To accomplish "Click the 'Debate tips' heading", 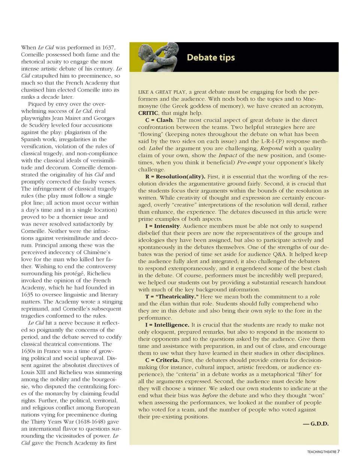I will pos(211,57).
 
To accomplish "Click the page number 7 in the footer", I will pos(338,451).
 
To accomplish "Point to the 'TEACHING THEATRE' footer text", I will pos(321,452).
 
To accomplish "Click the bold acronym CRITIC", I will pos(148,113).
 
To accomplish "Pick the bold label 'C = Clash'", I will pos(159,120).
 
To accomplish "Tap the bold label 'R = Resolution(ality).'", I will pos(175,177).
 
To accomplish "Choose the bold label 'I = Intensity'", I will pos(163,226).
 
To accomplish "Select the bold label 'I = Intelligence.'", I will pos(167,325).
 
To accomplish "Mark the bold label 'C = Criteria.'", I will pos(162,360).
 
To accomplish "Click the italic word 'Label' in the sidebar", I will pos(156,149).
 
